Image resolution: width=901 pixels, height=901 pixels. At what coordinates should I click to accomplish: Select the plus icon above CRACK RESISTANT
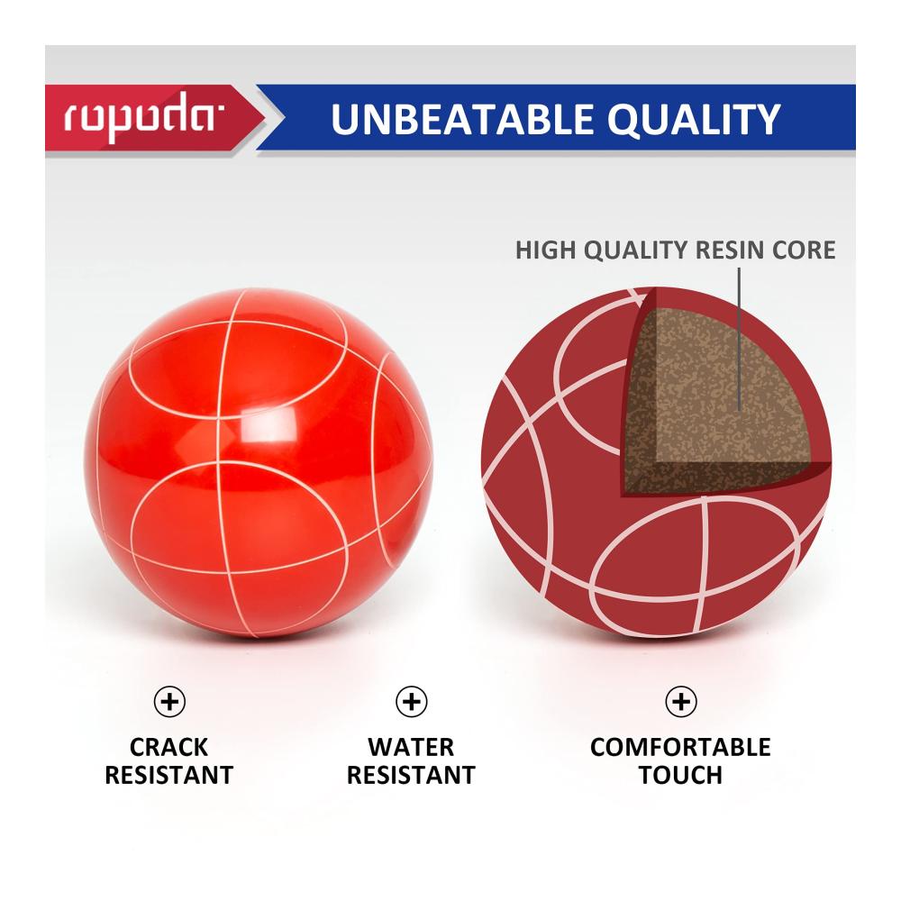169,702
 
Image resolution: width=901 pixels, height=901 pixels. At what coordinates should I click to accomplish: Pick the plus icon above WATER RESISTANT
412,702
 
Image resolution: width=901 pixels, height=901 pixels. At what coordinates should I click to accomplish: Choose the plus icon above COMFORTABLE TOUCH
681,702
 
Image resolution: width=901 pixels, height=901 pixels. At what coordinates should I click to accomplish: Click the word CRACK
169,748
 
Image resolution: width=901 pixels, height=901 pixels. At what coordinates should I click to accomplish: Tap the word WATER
411,748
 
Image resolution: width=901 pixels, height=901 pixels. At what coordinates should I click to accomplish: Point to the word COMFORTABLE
680,748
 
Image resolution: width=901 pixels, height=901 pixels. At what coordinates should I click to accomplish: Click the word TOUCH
680,775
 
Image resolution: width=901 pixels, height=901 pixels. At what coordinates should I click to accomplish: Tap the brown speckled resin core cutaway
724,396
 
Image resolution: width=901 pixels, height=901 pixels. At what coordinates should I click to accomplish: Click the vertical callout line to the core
739,339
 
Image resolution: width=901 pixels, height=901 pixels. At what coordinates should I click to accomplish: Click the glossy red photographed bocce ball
259,463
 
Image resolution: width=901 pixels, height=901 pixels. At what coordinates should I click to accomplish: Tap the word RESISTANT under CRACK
169,775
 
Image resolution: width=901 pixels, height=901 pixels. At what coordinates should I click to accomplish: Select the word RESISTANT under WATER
411,775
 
